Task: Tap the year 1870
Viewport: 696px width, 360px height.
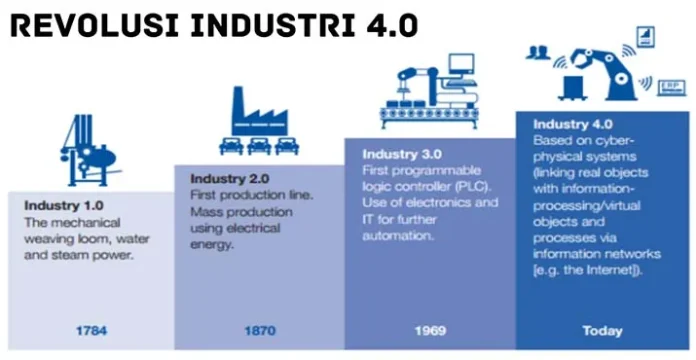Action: (x=260, y=330)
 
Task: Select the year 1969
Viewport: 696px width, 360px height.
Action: (x=430, y=330)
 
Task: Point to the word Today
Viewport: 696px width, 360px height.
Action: (x=602, y=330)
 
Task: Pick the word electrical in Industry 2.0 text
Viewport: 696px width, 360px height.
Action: (x=259, y=229)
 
